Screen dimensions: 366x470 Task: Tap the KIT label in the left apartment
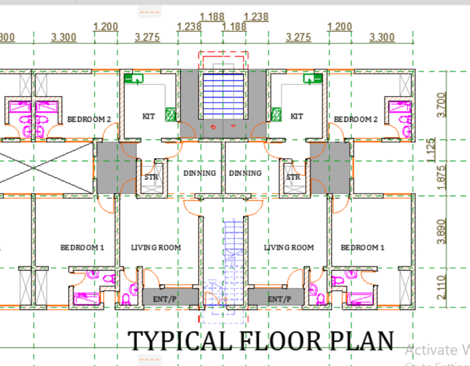149,116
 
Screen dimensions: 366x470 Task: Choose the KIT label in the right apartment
297,116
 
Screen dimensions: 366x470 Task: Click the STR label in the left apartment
150,178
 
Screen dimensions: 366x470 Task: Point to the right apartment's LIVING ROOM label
289,248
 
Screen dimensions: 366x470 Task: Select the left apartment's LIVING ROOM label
156,248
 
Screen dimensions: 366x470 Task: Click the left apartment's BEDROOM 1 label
82,248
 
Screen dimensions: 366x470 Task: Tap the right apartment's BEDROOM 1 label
363,248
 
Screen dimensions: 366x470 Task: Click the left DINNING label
200,173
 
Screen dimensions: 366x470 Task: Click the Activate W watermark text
437,350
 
